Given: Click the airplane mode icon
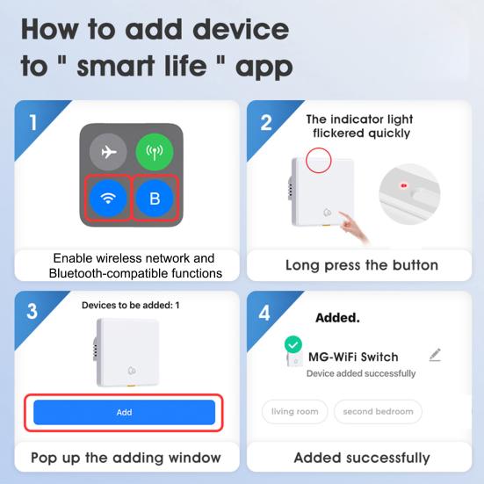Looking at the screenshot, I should (109, 152).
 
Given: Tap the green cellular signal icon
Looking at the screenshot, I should (155, 152).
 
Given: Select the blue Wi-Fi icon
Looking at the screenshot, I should (108, 199).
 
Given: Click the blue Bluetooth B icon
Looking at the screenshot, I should (155, 199).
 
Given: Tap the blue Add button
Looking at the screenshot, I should (124, 412).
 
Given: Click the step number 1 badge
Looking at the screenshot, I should (32, 120).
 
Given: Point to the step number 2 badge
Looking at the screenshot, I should (265, 121).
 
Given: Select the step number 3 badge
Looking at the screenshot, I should (32, 312).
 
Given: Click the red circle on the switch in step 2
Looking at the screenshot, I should (319, 160).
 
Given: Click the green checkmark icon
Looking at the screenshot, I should (293, 345).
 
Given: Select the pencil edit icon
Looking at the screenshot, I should (435, 355).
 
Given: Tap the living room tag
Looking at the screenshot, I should (295, 411).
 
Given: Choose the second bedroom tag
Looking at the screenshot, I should (378, 411).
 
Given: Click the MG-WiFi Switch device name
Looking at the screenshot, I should (352, 357).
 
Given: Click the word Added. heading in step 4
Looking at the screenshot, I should (337, 317).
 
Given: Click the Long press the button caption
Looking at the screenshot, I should (361, 265).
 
